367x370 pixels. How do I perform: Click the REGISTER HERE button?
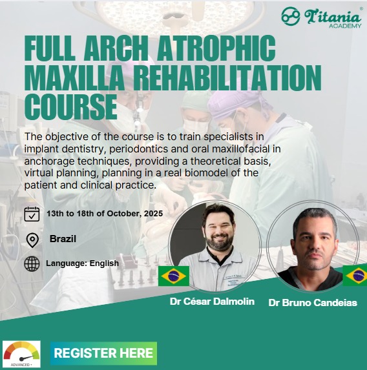[x=103, y=353]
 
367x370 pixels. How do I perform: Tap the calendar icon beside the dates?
[x=32, y=214]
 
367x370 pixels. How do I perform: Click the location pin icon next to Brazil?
[x=32, y=240]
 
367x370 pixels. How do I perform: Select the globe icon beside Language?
[x=32, y=263]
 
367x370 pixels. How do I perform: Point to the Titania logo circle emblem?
[x=291, y=16]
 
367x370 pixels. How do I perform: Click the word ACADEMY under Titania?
[x=345, y=26]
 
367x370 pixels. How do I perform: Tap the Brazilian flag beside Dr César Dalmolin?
[x=174, y=276]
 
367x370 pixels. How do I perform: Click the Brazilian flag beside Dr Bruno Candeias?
[x=355, y=275]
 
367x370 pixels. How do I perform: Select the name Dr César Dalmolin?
[x=212, y=302]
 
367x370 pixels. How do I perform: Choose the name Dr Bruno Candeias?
[x=313, y=303]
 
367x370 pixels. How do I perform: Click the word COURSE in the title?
[x=71, y=107]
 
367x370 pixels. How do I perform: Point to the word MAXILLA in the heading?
[x=75, y=77]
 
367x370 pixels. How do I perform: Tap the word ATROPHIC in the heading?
[x=216, y=48]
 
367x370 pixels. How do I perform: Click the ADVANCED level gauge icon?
[x=21, y=355]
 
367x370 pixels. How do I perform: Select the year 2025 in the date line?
[x=154, y=214]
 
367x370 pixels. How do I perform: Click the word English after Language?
[x=104, y=263]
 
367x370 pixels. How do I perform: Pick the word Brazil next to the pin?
[x=63, y=239]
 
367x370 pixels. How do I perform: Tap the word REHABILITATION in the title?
[x=229, y=77]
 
